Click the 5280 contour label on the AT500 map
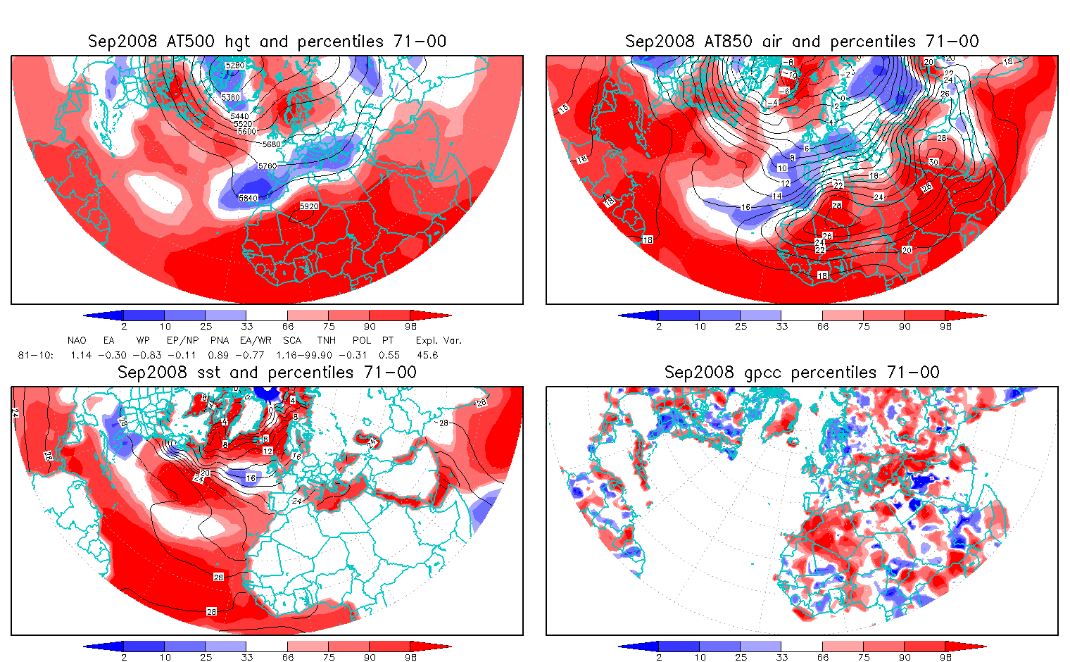pos(234,65)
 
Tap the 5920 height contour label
pos(309,206)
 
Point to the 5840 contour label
pos(248,198)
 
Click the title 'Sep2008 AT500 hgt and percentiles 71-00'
pos(267,42)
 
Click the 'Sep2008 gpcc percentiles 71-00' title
pos(802,373)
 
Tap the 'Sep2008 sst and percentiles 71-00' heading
pos(267,373)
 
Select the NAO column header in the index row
pos(77,340)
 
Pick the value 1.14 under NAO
pos(81,355)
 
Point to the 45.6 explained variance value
pos(427,355)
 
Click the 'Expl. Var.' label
pos(439,340)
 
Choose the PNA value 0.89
pos(218,355)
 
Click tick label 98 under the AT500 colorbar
pos(411,326)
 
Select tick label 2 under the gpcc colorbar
pos(659,657)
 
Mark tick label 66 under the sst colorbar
pos(288,657)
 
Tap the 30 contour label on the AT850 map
pos(933,162)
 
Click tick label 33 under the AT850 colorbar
pos(782,326)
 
